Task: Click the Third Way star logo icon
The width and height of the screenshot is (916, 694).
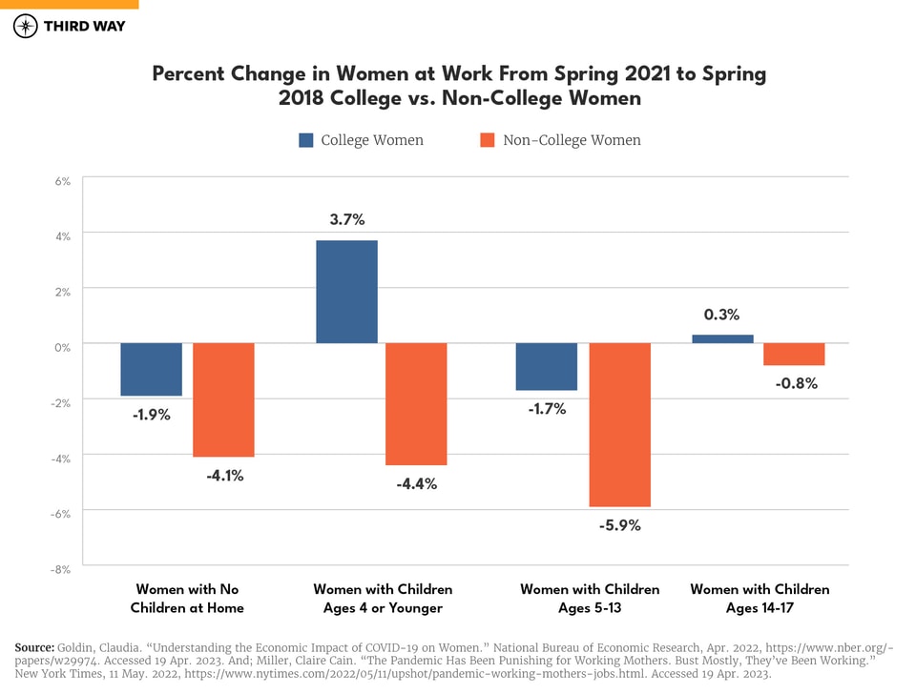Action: point(25,26)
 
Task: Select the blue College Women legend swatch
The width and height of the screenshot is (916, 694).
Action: point(306,140)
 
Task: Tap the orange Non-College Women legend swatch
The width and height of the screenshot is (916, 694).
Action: point(488,140)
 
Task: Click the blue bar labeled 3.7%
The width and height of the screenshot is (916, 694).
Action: point(346,292)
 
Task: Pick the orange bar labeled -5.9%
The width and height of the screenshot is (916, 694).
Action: point(619,424)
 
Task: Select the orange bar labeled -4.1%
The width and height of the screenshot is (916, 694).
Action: point(223,399)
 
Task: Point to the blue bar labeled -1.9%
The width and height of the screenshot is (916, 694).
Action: point(151,369)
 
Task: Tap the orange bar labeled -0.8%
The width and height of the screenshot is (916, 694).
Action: point(794,354)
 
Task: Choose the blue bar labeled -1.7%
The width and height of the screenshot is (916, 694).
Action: point(547,366)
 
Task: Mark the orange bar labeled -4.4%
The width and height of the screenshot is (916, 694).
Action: point(416,404)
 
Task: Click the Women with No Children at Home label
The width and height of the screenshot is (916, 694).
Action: point(187,599)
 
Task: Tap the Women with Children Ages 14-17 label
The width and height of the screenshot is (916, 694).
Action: point(760,599)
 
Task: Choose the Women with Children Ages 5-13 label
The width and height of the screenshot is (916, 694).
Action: point(590,599)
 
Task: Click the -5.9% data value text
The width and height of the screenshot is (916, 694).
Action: point(619,525)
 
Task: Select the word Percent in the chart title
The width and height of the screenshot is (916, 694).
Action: point(188,74)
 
